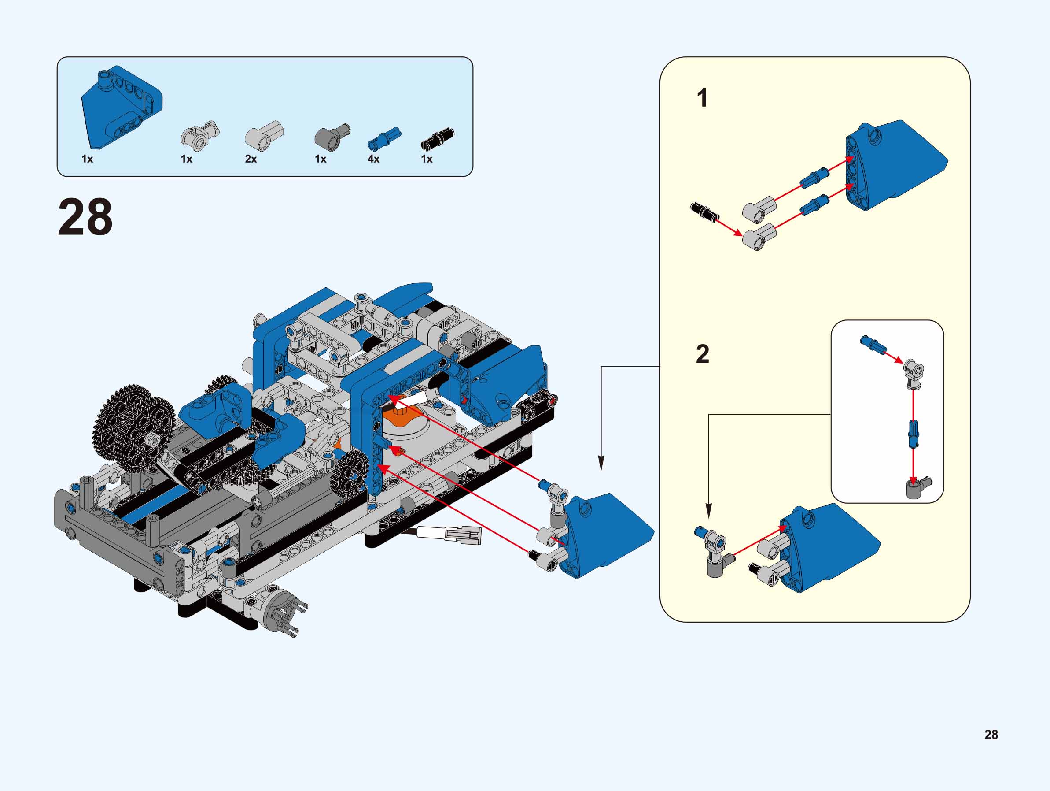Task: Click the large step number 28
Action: coord(85,217)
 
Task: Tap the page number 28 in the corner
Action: coord(991,735)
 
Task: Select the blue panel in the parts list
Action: coord(121,107)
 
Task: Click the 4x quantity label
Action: coord(374,159)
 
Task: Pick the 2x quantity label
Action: coord(251,159)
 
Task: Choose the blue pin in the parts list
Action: coord(384,137)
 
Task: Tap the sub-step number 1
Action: coord(702,98)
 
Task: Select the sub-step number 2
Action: coord(703,354)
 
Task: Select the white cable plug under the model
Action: coord(463,535)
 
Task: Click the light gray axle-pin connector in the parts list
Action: coord(200,135)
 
